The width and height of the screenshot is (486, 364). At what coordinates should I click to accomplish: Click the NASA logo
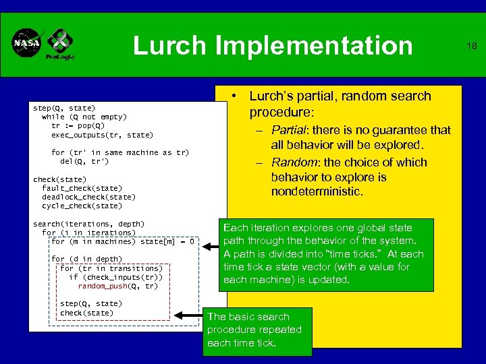(28, 44)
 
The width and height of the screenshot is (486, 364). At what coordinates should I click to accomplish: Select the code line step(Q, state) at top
(64, 108)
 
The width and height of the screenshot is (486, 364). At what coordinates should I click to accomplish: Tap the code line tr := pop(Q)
(78, 125)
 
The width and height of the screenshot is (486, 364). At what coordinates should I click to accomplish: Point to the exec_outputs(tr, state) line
(102, 135)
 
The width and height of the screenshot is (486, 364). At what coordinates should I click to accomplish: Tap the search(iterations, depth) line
(88, 223)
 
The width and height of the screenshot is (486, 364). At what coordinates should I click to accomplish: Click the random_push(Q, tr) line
(117, 286)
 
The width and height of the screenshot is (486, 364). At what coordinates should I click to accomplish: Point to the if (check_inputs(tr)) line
(115, 277)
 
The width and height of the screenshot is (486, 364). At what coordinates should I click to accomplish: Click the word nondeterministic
(317, 192)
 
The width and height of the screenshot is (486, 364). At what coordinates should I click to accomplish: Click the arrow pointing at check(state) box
(189, 314)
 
